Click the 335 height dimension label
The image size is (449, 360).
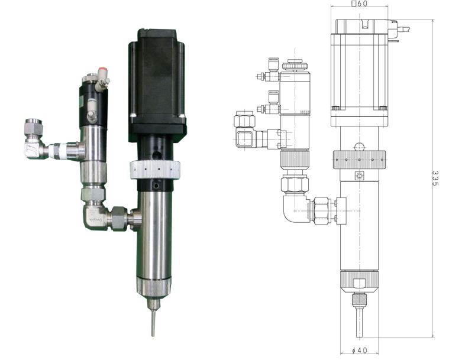[x=435, y=179]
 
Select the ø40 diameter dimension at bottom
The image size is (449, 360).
[x=359, y=350]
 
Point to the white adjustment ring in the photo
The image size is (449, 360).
[x=155, y=170]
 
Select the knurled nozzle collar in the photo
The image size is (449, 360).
[x=154, y=288]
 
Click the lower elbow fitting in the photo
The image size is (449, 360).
[x=95, y=215]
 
